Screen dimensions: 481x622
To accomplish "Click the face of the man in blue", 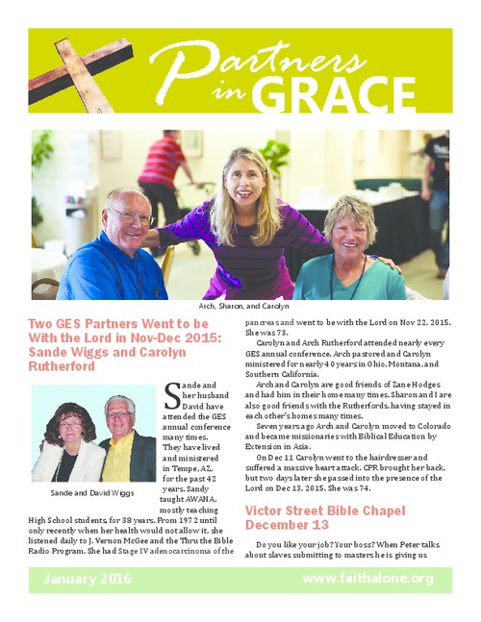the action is click(x=129, y=218).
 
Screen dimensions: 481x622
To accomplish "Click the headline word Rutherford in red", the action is click(x=69, y=366).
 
